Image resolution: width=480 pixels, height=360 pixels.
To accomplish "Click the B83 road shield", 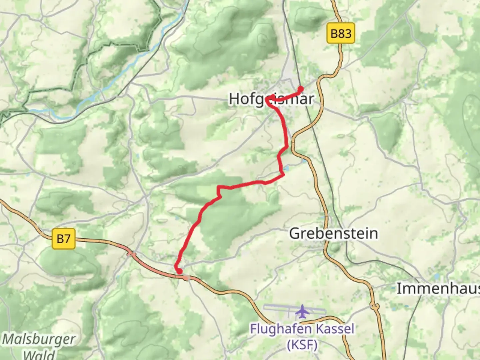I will [341, 33].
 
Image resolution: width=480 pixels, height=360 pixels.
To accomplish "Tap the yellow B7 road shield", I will [64, 239].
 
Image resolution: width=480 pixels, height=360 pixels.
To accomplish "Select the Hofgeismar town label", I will [271, 99].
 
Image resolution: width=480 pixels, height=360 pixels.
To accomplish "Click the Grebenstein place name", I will [333, 233].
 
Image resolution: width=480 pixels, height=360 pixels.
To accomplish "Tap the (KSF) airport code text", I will [302, 345].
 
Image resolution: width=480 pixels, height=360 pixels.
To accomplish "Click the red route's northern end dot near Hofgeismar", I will [300, 89].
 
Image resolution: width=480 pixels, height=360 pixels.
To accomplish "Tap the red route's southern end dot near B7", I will [179, 271].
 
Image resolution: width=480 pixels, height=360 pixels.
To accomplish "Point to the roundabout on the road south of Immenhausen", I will [375, 306].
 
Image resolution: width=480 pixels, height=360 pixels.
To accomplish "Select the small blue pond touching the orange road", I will [304, 161].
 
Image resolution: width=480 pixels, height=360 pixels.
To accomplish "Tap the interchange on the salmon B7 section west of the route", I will [132, 254].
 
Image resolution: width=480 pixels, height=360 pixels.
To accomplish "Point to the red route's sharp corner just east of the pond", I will [283, 174].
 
